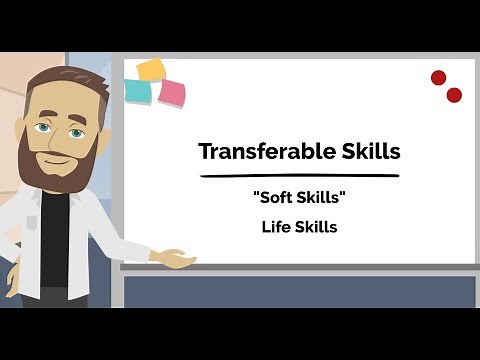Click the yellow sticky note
click(151, 69)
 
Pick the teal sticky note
click(138, 91)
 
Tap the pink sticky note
click(172, 94)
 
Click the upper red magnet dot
click(438, 77)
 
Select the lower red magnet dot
click(454, 95)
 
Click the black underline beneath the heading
click(300, 176)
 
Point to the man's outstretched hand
click(174, 259)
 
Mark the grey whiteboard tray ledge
click(300, 267)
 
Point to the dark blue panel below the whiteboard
click(300, 291)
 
